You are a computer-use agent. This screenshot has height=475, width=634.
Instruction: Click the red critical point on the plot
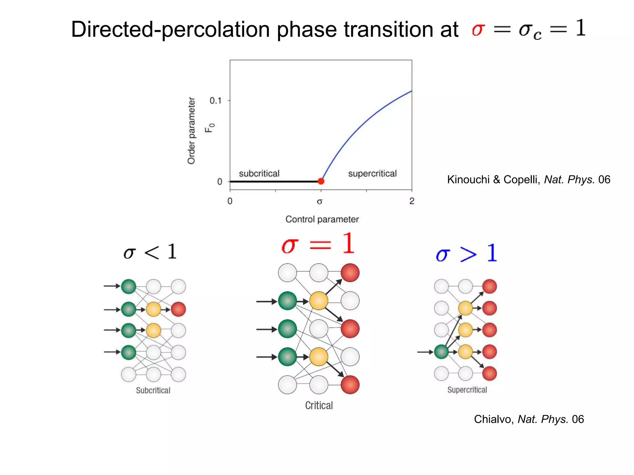tap(321, 181)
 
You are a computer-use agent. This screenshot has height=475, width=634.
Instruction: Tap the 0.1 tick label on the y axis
tap(216, 101)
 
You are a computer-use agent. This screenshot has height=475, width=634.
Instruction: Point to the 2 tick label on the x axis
tap(412, 201)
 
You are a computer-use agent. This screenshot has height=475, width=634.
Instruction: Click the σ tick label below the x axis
tap(320, 202)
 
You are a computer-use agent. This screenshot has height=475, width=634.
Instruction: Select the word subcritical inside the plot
tap(259, 173)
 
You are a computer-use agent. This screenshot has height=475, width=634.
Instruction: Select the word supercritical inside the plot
tap(372, 173)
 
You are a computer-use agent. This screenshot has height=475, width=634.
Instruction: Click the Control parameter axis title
tap(322, 219)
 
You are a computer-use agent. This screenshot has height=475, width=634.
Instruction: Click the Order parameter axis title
tap(192, 131)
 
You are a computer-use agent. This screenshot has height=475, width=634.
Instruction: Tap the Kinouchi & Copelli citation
tap(528, 180)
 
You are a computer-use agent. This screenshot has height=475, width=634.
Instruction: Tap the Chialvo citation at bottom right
tap(529, 419)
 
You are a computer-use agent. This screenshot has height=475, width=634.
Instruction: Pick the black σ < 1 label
tap(150, 252)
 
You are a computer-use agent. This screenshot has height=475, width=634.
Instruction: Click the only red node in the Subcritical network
tap(178, 309)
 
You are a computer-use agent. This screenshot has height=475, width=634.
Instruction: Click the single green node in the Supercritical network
tap(441, 352)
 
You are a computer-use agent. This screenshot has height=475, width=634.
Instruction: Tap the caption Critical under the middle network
tap(319, 405)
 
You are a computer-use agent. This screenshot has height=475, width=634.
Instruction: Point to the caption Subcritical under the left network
tap(153, 391)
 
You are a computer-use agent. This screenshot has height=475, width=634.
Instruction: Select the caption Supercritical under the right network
tap(467, 390)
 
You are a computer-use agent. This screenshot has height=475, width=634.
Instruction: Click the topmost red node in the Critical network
tap(350, 273)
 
